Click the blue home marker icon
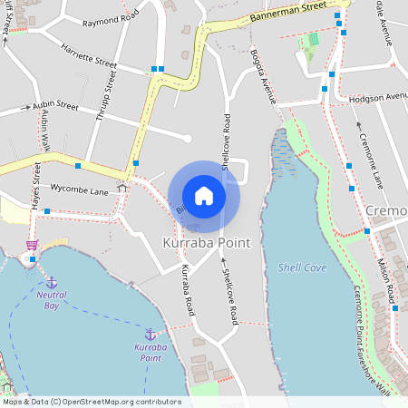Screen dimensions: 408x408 pyautogui.click(x=204, y=196)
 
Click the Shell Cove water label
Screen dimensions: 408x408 pyautogui.click(x=302, y=267)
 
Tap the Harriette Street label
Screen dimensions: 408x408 pyautogui.click(x=89, y=56)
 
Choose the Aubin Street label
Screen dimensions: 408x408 pyautogui.click(x=55, y=105)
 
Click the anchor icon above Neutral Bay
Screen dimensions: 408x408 pyautogui.click(x=52, y=282)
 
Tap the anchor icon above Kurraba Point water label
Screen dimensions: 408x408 pyautogui.click(x=150, y=334)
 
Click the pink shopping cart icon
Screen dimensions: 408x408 pyautogui.click(x=32, y=245)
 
